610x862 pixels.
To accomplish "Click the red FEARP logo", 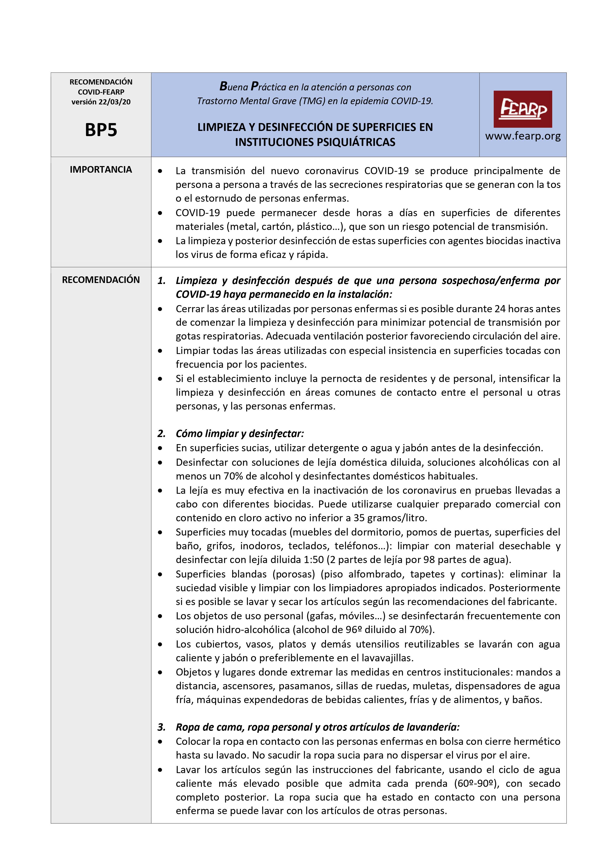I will [522, 109].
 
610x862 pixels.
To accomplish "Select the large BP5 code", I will [101, 130].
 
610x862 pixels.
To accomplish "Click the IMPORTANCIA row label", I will [101, 170].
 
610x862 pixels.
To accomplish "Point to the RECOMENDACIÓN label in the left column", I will [101, 280].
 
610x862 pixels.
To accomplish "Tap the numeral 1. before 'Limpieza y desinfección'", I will [162, 281].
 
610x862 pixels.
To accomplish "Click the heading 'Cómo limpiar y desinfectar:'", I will [240, 434].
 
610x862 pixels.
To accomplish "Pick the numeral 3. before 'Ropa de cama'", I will [162, 727].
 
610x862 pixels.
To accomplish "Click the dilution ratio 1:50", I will [313, 560].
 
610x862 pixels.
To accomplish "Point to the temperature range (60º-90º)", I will [476, 784].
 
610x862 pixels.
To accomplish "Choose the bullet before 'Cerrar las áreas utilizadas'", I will [161, 309].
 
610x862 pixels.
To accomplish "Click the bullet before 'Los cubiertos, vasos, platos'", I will [161, 644].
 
